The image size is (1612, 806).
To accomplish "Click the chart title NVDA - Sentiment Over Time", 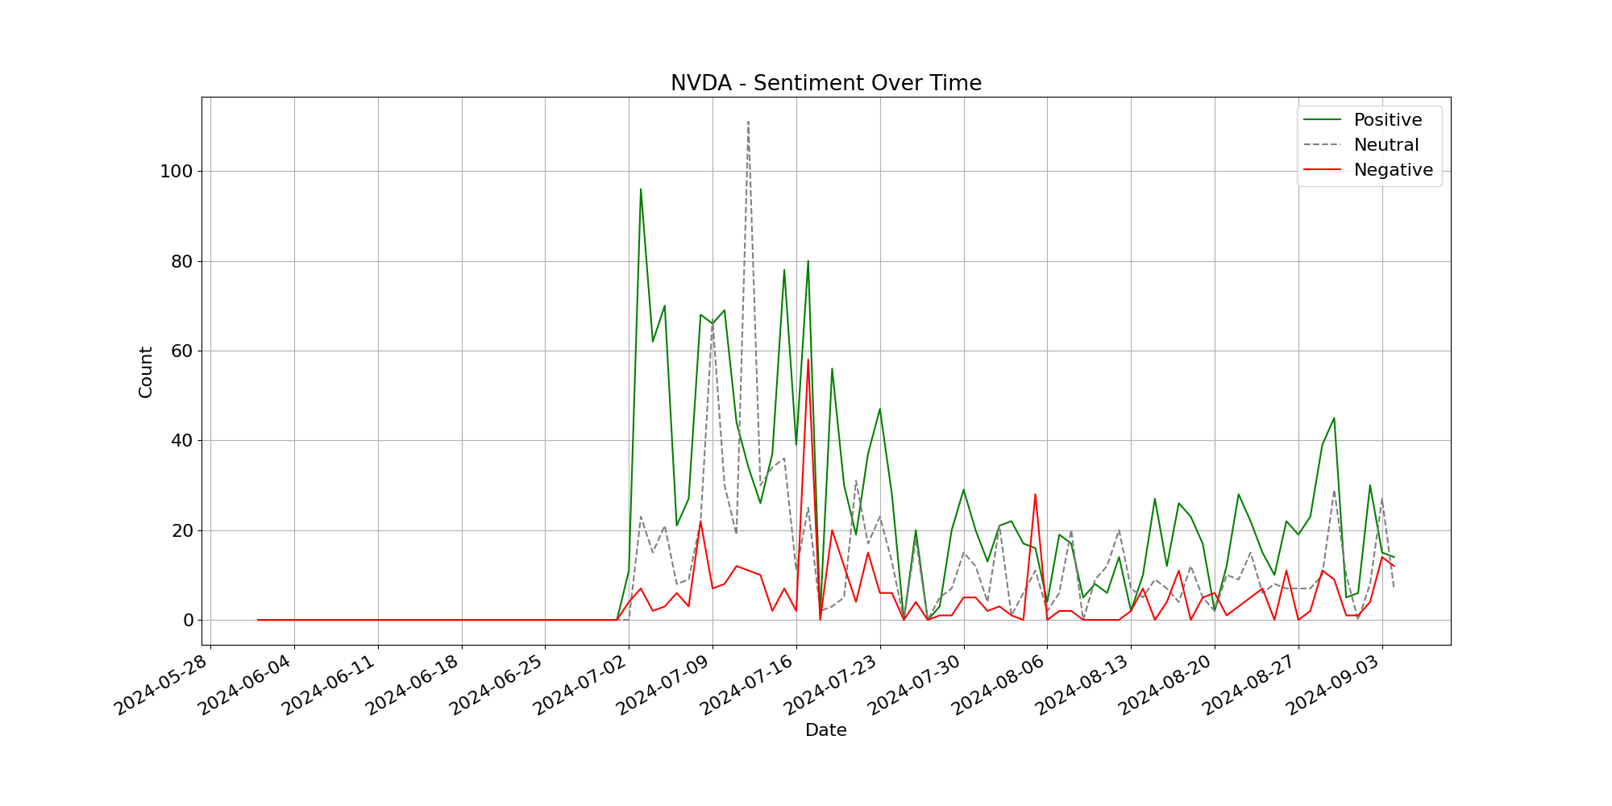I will (825, 83).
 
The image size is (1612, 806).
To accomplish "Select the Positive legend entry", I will (1387, 120).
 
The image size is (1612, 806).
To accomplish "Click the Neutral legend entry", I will (1386, 145).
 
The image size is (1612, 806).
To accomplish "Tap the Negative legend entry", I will (1393, 170).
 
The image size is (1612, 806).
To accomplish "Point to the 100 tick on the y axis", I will (177, 172).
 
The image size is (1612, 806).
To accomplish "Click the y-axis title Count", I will (146, 372).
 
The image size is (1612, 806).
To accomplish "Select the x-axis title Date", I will (825, 730).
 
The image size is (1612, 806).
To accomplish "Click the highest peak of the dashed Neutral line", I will (748, 122).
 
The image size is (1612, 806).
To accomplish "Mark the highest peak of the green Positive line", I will (641, 189).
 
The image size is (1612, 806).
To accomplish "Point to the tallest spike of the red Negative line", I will (808, 359).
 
